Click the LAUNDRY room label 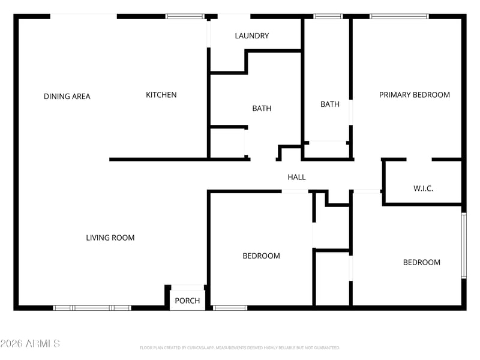252,36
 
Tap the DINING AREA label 67,96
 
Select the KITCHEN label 161,95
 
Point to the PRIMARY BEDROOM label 414,95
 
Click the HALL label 296,177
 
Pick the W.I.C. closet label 423,188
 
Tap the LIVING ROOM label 110,238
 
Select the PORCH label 187,301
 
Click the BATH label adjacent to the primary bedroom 330,104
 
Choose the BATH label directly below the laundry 262,109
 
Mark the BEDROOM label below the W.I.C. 421,262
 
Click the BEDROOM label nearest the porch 261,256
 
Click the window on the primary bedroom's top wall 399,16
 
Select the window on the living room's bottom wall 92,308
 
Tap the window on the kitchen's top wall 184,16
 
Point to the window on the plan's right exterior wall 463,245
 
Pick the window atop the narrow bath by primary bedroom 328,16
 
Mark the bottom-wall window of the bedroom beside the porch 230,308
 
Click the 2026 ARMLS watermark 30,344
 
